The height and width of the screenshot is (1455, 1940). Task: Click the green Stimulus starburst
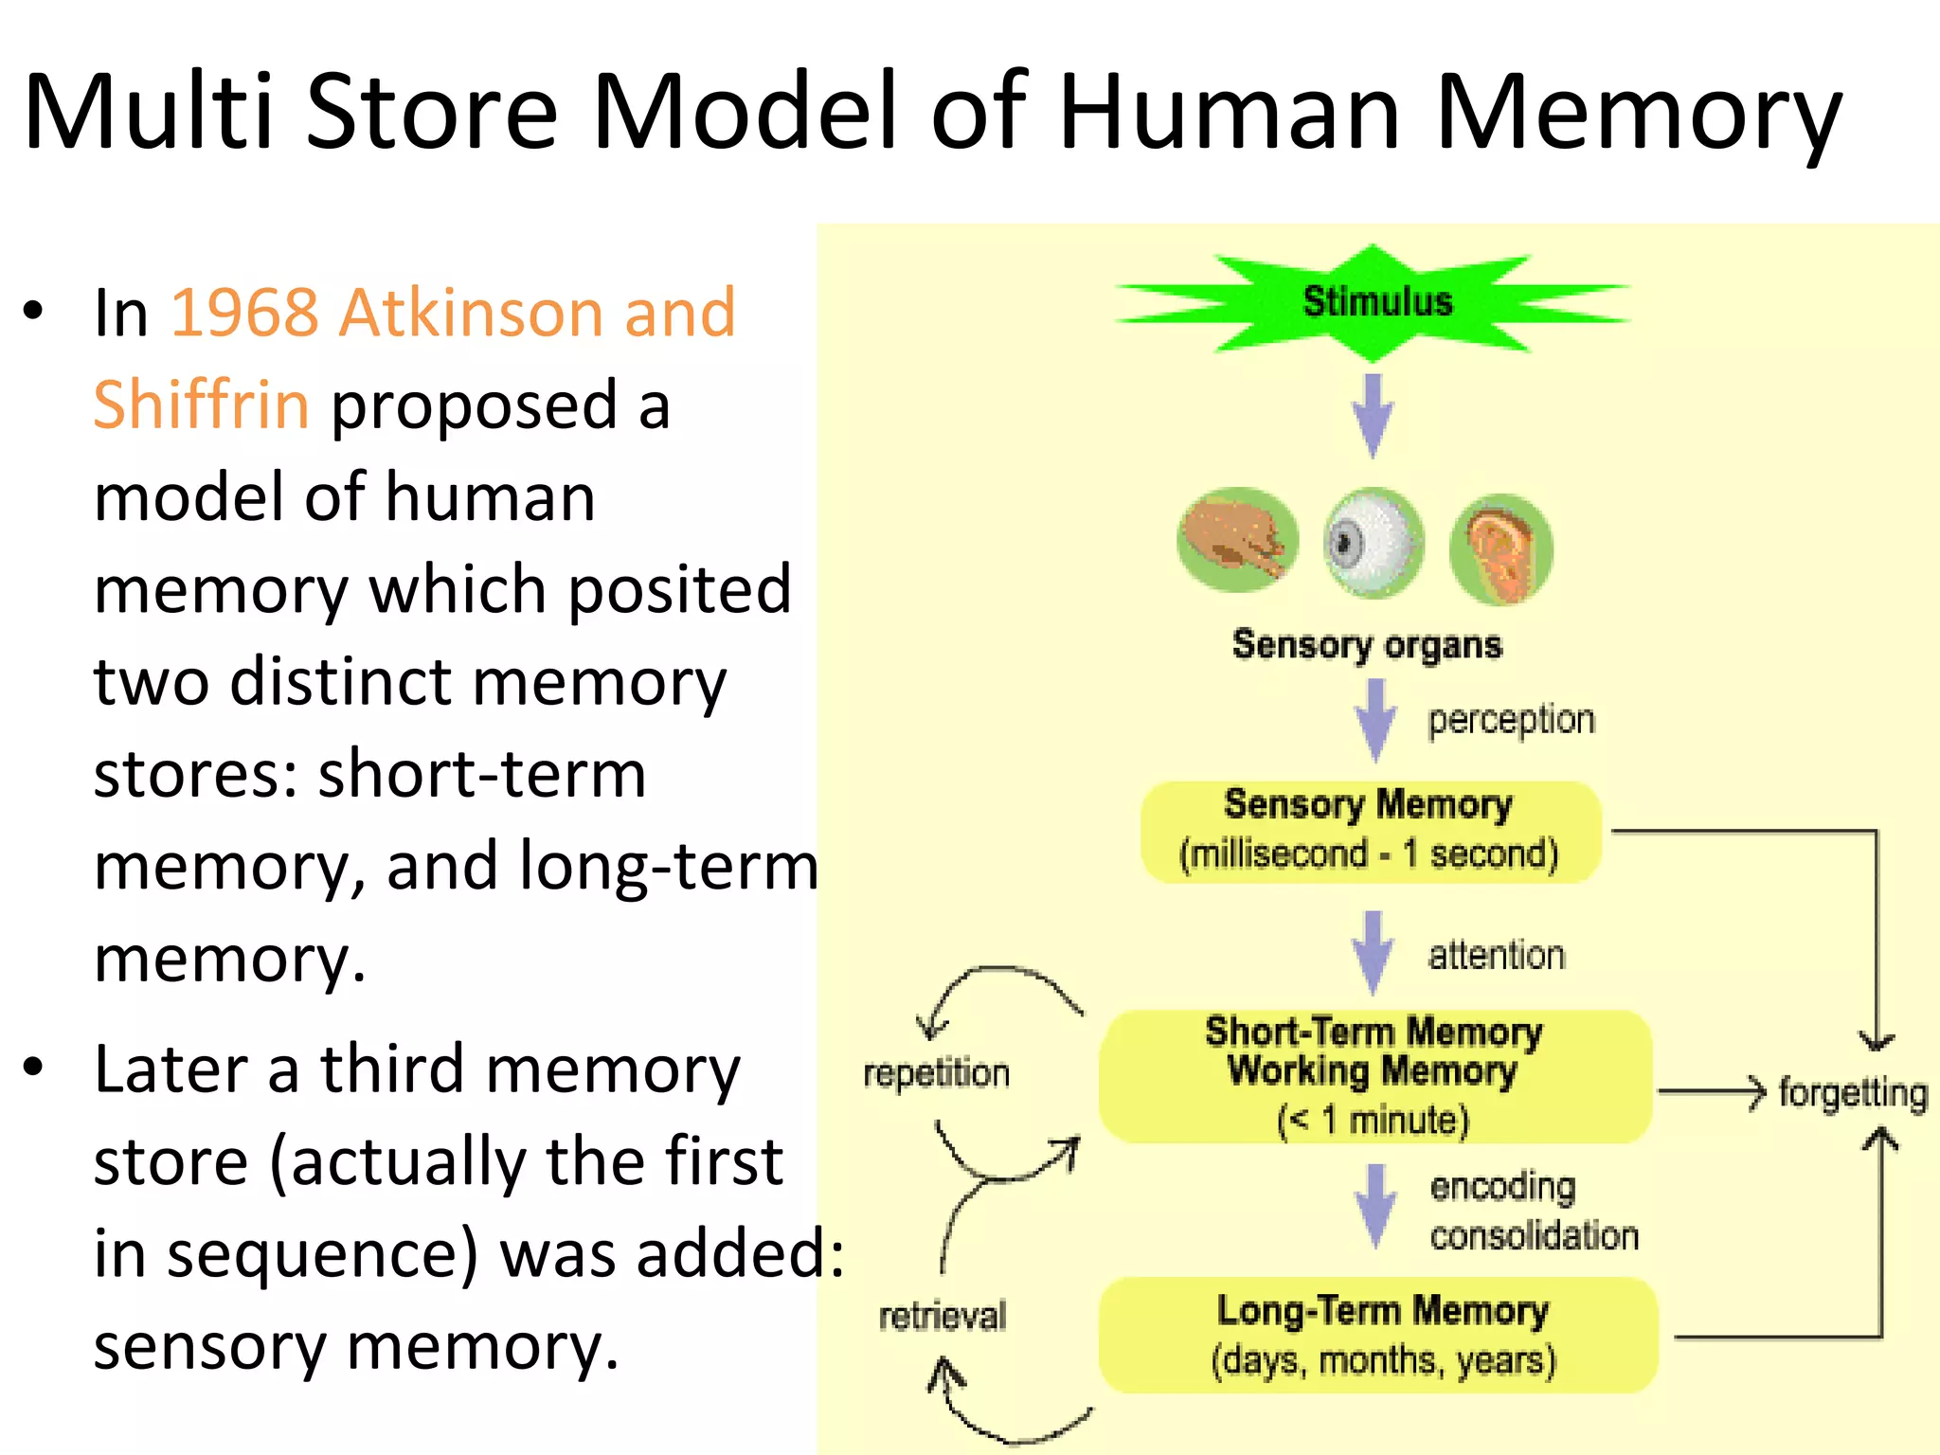(1374, 303)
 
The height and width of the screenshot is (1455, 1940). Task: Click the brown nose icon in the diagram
(1237, 540)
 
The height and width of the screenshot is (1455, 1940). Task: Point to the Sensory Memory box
(1370, 832)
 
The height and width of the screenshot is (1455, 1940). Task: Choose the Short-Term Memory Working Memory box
(1374, 1076)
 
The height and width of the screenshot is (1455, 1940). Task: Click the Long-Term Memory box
(1379, 1336)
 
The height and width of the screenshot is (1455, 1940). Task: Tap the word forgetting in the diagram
(1852, 1093)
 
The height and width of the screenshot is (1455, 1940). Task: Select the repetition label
(936, 1074)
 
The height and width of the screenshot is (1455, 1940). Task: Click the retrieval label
(942, 1317)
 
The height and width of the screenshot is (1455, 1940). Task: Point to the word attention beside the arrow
(1497, 956)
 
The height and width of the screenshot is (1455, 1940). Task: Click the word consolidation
(1534, 1236)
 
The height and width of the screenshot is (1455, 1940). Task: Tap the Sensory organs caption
(1367, 645)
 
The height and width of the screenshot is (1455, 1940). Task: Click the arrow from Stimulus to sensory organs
(1373, 415)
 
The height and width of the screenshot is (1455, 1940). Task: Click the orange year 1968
(244, 313)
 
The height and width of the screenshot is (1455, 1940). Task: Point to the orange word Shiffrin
(201, 405)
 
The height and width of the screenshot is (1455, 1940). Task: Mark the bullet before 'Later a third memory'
(34, 1067)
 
